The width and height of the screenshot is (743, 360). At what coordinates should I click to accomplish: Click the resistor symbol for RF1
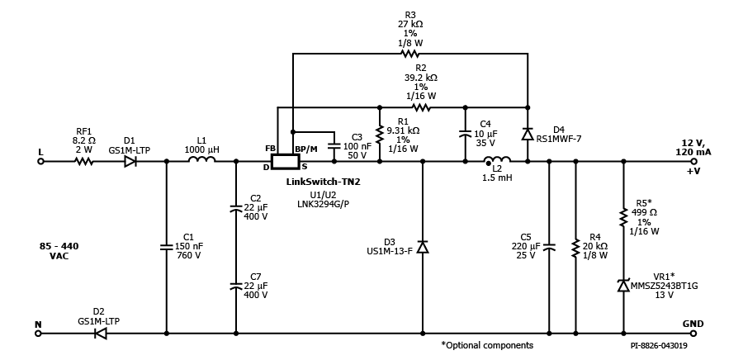point(84,162)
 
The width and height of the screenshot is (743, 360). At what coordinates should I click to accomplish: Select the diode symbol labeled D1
point(130,162)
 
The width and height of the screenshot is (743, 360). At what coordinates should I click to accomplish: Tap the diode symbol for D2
point(101,334)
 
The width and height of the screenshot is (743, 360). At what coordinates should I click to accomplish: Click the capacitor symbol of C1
point(167,247)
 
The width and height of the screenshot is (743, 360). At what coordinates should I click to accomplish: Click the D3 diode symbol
point(423,247)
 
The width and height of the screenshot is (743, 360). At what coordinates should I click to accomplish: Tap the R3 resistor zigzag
point(410,54)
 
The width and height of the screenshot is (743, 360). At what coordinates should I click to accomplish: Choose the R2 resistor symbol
point(421,107)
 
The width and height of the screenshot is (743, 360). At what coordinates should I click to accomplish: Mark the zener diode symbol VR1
point(623,286)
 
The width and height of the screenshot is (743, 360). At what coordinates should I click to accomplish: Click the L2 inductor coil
point(497,160)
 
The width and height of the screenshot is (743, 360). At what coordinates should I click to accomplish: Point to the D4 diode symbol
point(527,134)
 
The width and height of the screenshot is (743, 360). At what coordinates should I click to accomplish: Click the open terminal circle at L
point(40,162)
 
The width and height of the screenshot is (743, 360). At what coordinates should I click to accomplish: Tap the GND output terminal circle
point(693,334)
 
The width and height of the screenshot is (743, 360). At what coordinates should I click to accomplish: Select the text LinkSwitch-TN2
point(322,181)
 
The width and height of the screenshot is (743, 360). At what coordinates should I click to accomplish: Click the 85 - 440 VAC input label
point(59,251)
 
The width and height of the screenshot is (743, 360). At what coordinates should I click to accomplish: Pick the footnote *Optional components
point(487,344)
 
